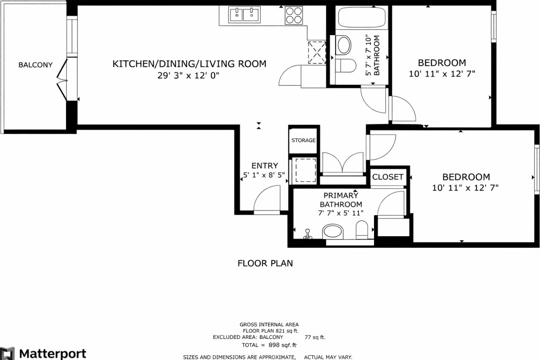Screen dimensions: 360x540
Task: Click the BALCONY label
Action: [36, 65]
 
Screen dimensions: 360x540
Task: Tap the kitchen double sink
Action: [245, 15]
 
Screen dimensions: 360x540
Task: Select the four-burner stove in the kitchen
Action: [294, 15]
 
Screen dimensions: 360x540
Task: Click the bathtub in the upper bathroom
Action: [362, 18]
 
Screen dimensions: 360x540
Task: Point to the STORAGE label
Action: [303, 141]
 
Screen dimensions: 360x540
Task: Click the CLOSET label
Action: [388, 177]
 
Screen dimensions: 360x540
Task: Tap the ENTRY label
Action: [264, 166]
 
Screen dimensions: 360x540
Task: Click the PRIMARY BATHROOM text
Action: [341, 200]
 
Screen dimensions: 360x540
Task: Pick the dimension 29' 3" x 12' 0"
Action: [188, 75]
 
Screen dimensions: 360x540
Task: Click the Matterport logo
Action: [43, 353]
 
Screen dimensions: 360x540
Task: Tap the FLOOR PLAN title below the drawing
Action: [265, 263]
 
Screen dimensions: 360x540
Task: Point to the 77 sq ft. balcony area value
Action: [315, 337]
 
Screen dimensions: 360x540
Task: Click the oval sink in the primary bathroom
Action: [333, 232]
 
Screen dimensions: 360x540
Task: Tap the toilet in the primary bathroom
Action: [362, 230]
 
